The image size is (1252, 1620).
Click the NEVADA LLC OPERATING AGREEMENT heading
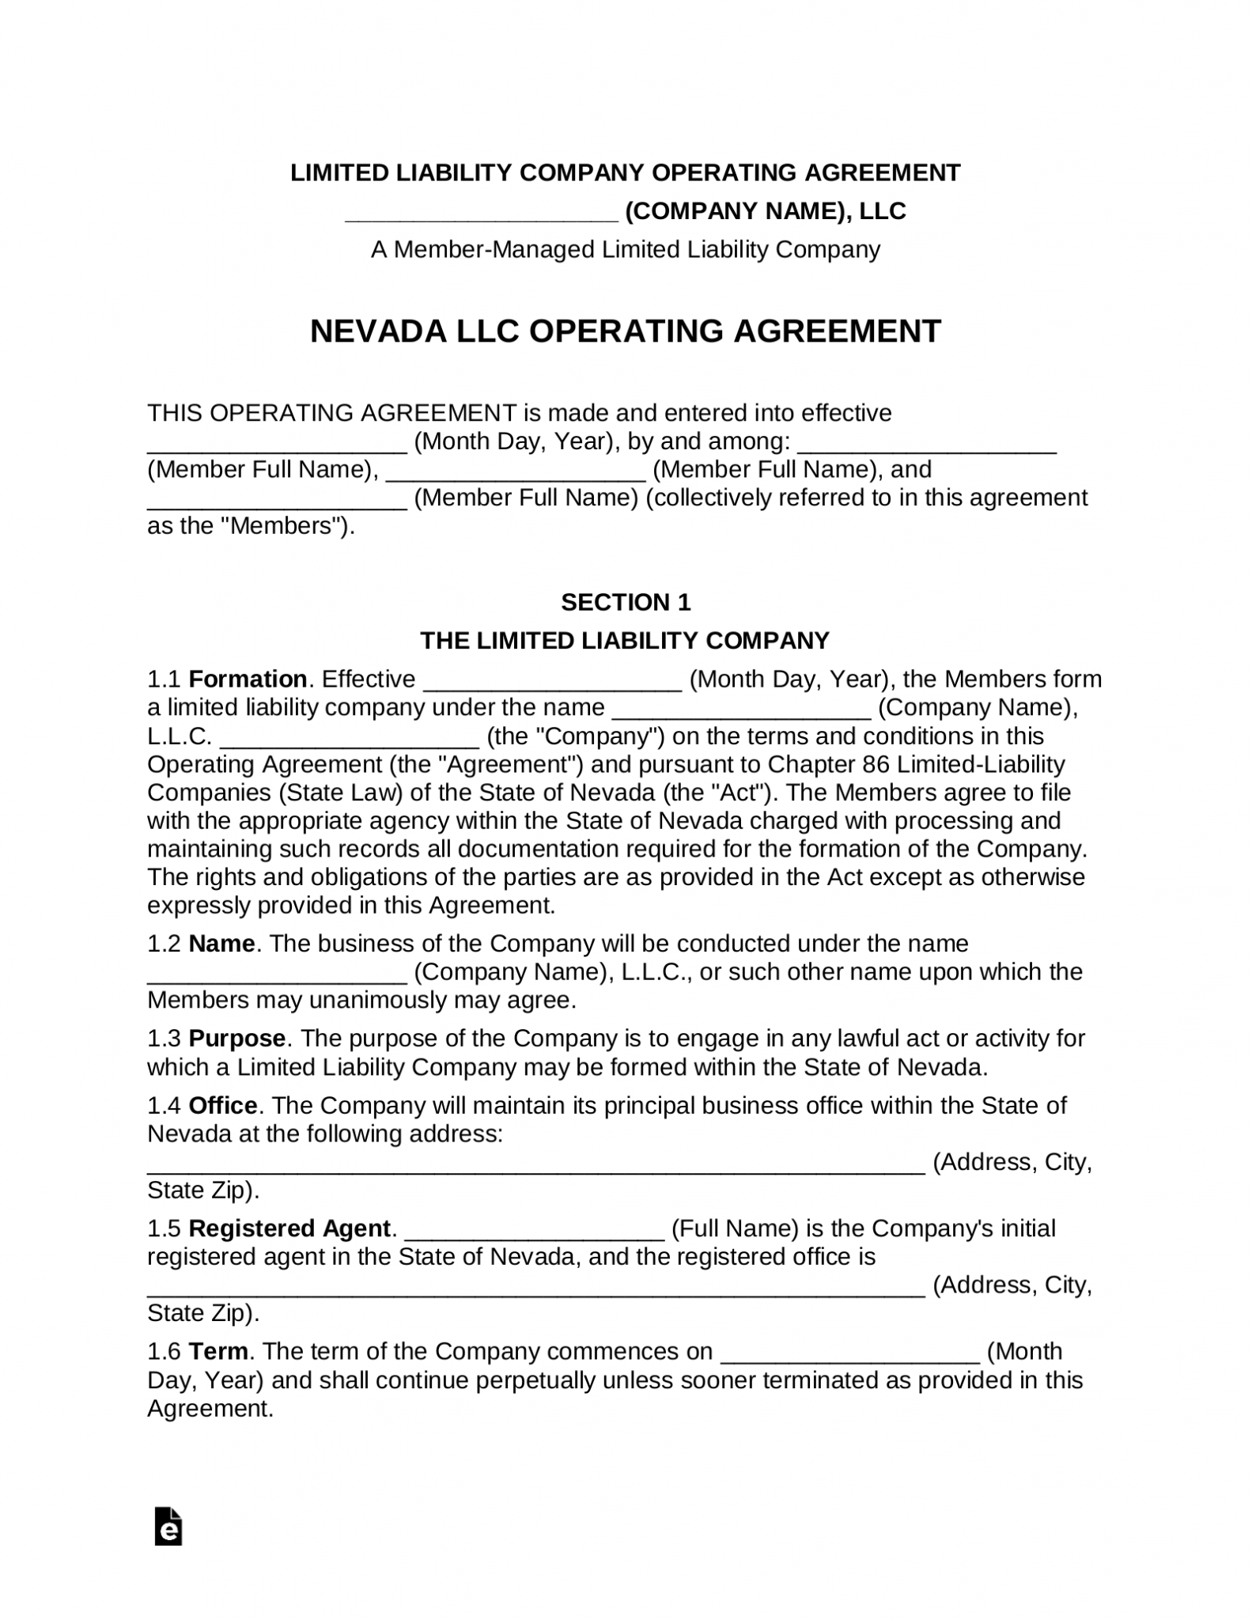pos(625,331)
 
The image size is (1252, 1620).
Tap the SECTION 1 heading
pos(625,603)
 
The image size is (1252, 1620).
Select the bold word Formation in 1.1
pos(248,679)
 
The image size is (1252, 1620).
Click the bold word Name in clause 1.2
pos(221,944)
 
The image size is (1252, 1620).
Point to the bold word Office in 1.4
pos(223,1106)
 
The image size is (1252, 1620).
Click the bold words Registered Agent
pos(289,1228)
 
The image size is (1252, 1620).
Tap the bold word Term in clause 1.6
pos(217,1352)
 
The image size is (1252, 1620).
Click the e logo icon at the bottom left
pos(168,1527)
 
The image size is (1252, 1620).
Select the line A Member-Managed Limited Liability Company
pos(625,250)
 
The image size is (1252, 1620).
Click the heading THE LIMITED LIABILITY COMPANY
pos(625,641)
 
